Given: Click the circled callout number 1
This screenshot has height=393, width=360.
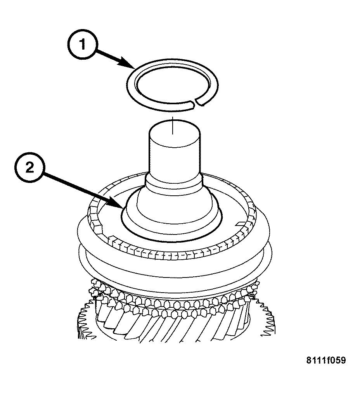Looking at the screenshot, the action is pyautogui.click(x=82, y=45).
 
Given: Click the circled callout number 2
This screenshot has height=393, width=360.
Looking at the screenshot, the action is pyautogui.click(x=29, y=167).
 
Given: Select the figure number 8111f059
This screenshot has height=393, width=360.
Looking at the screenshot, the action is pyautogui.click(x=326, y=360).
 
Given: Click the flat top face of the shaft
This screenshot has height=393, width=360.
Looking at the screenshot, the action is pyautogui.click(x=175, y=133).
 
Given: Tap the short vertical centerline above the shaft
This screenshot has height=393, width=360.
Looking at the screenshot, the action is pyautogui.click(x=173, y=125).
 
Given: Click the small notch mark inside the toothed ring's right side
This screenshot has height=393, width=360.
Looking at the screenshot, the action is pyautogui.click(x=241, y=223).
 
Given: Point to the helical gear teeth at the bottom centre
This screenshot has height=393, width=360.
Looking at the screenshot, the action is pyautogui.click(x=173, y=326).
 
